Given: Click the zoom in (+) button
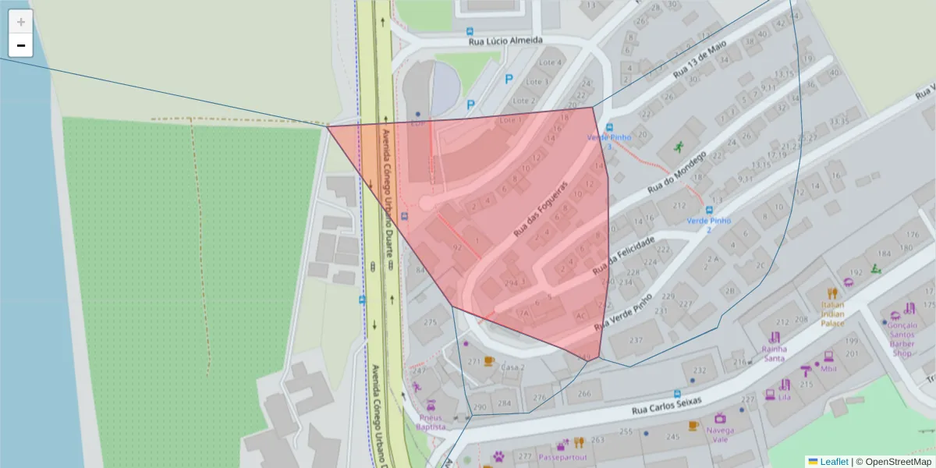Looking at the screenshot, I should tap(21, 22).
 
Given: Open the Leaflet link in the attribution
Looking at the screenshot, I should tap(833, 462).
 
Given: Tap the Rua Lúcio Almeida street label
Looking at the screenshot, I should tap(505, 40).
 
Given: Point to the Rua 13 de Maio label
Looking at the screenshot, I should tap(700, 59).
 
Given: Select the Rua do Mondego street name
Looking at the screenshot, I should tap(675, 172).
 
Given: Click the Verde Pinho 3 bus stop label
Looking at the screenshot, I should tap(608, 141).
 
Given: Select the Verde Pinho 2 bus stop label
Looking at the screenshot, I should tap(709, 225).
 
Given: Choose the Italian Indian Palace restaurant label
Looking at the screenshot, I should tap(832, 314).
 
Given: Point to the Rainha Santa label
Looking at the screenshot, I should tap(774, 353).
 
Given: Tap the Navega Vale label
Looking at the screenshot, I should tap(720, 434).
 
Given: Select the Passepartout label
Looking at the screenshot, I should tap(562, 457).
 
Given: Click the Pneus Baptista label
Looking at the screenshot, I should tap(431, 422).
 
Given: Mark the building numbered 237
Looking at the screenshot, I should tap(636, 339).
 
